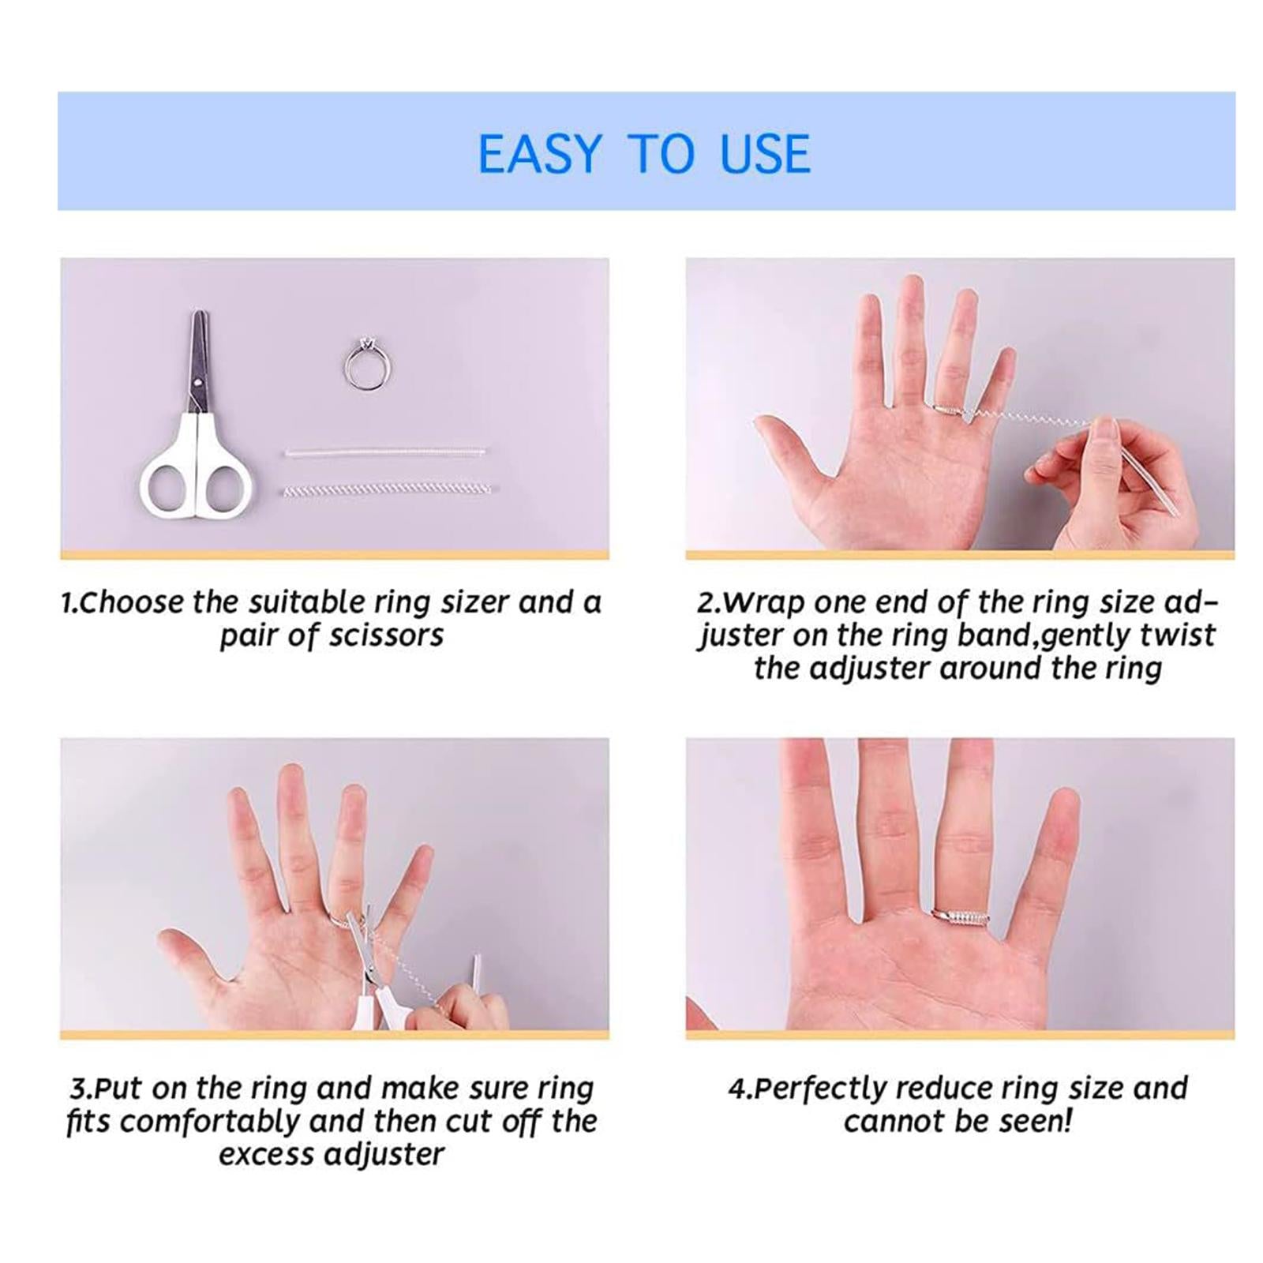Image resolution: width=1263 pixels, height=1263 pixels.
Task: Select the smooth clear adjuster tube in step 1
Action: click(x=384, y=453)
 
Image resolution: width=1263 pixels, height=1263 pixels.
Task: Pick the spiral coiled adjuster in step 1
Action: click(x=387, y=490)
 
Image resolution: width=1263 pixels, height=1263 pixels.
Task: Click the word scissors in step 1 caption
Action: click(x=386, y=635)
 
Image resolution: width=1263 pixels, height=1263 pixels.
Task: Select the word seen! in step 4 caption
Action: click(x=1034, y=1121)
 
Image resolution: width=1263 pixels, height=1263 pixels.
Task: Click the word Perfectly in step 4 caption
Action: click(x=821, y=1089)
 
